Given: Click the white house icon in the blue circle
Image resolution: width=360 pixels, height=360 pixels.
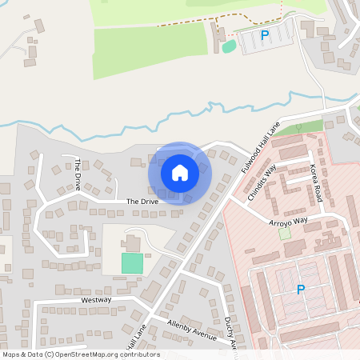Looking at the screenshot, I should pyautogui.click(x=179, y=172).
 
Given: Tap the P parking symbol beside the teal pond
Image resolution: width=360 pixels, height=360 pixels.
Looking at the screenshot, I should pyautogui.click(x=265, y=35).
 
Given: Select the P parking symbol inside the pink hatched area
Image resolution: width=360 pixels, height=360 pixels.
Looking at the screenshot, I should pyautogui.click(x=301, y=290).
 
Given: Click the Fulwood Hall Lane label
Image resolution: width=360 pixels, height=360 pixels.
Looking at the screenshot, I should pyautogui.click(x=262, y=146).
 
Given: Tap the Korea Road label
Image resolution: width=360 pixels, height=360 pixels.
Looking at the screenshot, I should pyautogui.click(x=317, y=183).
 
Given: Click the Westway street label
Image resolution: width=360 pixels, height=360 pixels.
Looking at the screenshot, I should pyautogui.click(x=96, y=300).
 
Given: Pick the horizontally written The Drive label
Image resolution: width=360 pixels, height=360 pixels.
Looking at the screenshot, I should pyautogui.click(x=142, y=202).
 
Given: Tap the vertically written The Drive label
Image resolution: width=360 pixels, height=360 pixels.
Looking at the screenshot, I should pyautogui.click(x=78, y=169).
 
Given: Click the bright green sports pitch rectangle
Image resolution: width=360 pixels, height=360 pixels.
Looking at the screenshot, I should pyautogui.click(x=132, y=262).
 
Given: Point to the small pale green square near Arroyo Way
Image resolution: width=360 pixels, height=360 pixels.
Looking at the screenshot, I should pyautogui.click(x=284, y=234).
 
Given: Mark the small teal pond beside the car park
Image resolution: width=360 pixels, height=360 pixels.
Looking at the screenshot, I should pyautogui.click(x=229, y=46).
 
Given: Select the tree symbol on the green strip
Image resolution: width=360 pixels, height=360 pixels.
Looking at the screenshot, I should pyautogui.click(x=298, y=126).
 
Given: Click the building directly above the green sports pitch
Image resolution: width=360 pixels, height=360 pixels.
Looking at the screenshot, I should pyautogui.click(x=133, y=243).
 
